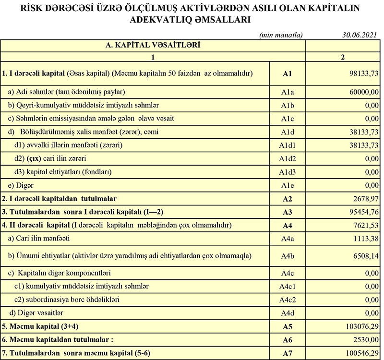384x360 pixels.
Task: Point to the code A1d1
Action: [288, 145]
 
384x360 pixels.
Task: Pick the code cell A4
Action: [288, 225]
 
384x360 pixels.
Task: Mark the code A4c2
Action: [288, 300]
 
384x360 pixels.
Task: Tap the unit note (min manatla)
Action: [281, 35]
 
